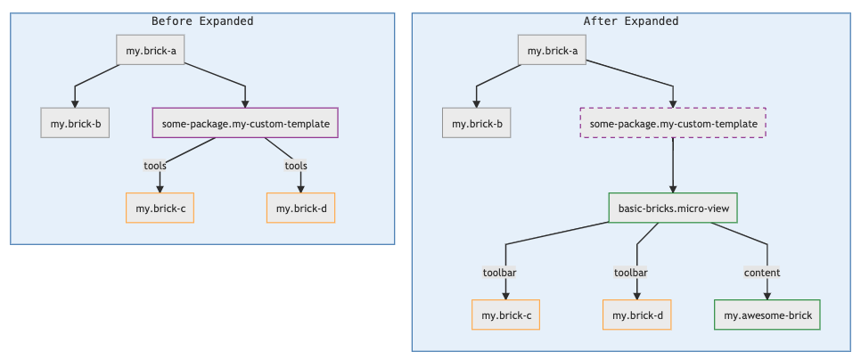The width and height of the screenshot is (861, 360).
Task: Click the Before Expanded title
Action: pyautogui.click(x=202, y=20)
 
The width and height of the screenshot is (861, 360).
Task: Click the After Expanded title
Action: pyautogui.click(x=630, y=20)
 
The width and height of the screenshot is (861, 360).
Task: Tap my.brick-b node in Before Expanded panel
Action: pyautogui.click(x=76, y=123)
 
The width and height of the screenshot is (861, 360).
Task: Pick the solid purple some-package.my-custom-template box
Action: pyautogui.click(x=246, y=123)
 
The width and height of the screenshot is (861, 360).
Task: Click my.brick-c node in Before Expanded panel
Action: pyautogui.click(x=160, y=209)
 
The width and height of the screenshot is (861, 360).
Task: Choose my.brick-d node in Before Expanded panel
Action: pyautogui.click(x=300, y=209)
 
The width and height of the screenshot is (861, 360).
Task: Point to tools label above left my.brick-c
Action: pyautogui.click(x=156, y=166)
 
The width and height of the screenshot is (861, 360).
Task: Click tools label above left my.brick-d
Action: pyautogui.click(x=296, y=166)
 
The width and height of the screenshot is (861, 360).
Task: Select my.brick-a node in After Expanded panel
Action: pyautogui.click(x=553, y=50)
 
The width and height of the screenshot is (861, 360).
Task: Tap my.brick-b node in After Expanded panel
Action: pyautogui.click(x=477, y=123)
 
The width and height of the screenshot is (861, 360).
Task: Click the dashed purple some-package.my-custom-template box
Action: pyautogui.click(x=673, y=123)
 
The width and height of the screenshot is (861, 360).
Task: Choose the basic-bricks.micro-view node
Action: pyautogui.click(x=673, y=209)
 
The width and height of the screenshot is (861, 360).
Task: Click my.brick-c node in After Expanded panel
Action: pyautogui.click(x=506, y=315)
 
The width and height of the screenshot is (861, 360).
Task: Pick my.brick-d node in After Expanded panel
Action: pyautogui.click(x=636, y=315)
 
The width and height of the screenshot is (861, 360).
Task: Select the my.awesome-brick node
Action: pyautogui.click(x=767, y=315)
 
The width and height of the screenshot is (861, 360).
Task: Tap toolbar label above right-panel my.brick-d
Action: pyautogui.click(x=630, y=273)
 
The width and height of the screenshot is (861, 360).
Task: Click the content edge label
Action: pyautogui.click(x=762, y=273)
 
